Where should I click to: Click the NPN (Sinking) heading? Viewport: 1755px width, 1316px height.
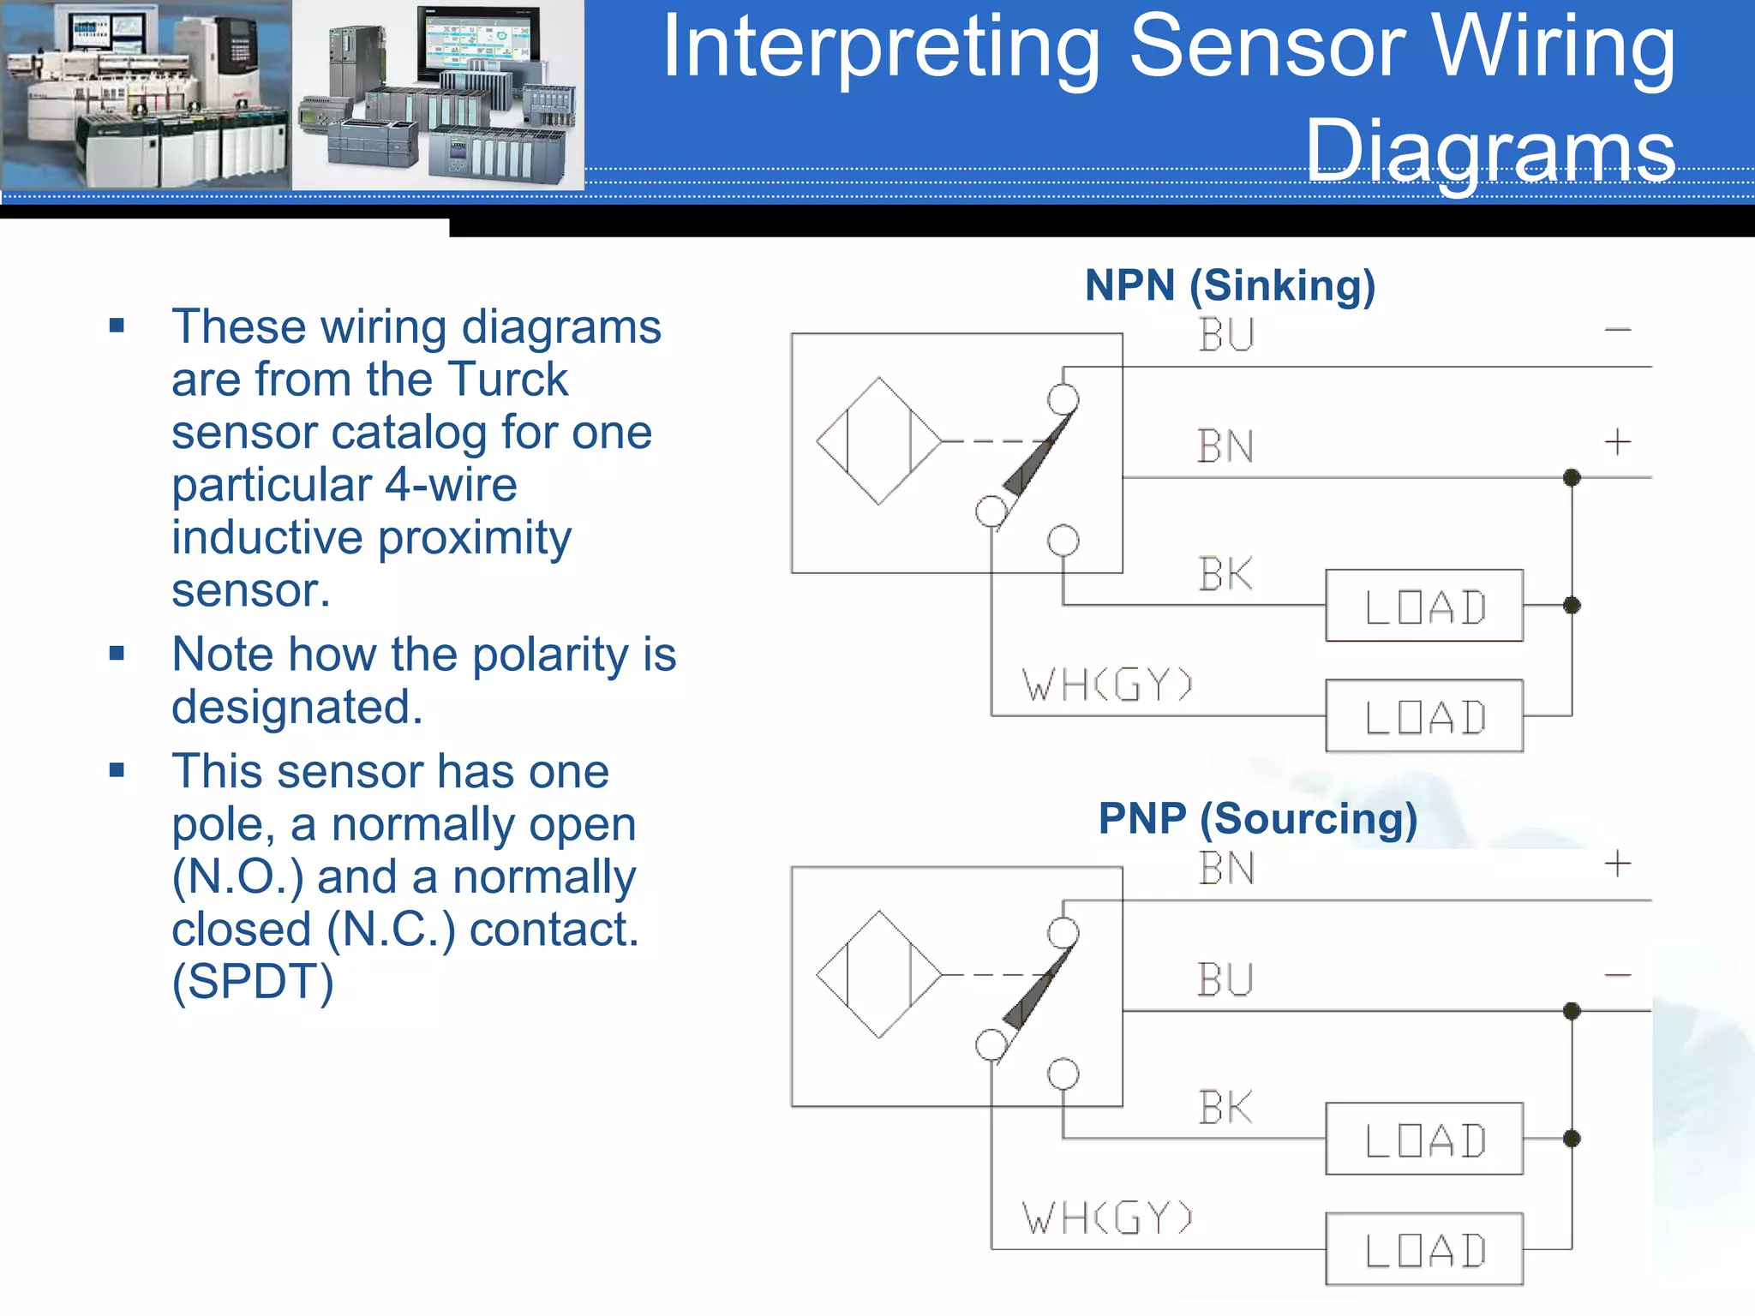point(1230,285)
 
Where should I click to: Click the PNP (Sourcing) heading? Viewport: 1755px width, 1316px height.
point(1257,818)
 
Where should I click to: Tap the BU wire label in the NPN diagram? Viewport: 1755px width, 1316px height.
point(1226,335)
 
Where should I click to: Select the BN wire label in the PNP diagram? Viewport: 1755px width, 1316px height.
point(1226,868)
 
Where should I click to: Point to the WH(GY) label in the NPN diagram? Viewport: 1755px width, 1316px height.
point(1106,685)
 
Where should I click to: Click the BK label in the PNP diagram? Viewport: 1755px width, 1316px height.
point(1225,1108)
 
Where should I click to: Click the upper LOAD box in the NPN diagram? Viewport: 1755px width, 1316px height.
point(1423,606)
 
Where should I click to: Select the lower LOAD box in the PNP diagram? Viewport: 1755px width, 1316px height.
point(1423,1249)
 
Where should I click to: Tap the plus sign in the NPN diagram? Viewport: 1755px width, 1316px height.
point(1617,443)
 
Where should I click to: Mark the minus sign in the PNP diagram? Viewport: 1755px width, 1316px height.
point(1617,975)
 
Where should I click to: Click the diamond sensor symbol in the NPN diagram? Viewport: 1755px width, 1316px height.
point(878,441)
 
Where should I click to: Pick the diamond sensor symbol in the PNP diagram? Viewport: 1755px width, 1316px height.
point(878,975)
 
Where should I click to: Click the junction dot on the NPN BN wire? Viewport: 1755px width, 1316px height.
point(1572,477)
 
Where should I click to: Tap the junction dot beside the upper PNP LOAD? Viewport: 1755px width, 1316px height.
point(1572,1139)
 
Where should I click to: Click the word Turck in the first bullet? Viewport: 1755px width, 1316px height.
point(507,380)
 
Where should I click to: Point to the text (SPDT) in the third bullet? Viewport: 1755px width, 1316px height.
point(253,982)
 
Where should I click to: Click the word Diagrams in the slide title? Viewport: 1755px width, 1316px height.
point(1489,150)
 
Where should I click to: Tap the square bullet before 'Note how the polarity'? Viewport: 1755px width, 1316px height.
point(117,655)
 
